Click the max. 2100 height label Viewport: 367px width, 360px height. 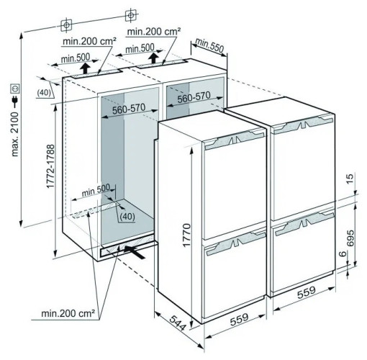tap(15, 134)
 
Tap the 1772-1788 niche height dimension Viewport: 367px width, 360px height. tap(51, 166)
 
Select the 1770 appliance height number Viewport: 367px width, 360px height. tap(186, 235)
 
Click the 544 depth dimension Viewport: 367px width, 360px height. tap(178, 323)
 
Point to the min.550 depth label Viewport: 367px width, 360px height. tap(209, 45)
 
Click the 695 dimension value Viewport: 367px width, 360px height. tap(350, 238)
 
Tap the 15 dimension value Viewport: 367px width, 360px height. tap(350, 179)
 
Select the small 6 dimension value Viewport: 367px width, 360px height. tap(343, 253)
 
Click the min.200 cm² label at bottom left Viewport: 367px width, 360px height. tap(68, 313)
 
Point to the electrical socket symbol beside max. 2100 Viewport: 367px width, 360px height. tap(15, 89)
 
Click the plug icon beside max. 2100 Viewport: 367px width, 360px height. tap(15, 102)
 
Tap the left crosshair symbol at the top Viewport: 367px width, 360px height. tap(66, 24)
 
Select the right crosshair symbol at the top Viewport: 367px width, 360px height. tap(131, 16)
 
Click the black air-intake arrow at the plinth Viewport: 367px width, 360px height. tap(135, 251)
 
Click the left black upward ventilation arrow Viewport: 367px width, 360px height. tap(85, 68)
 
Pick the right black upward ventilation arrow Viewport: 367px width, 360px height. tap(153, 58)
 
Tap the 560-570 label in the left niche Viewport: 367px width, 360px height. tap(129, 109)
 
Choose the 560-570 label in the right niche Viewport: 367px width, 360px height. tap(194, 97)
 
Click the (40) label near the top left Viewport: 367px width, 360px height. tap(44, 92)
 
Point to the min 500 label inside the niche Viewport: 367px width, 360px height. tap(96, 189)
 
